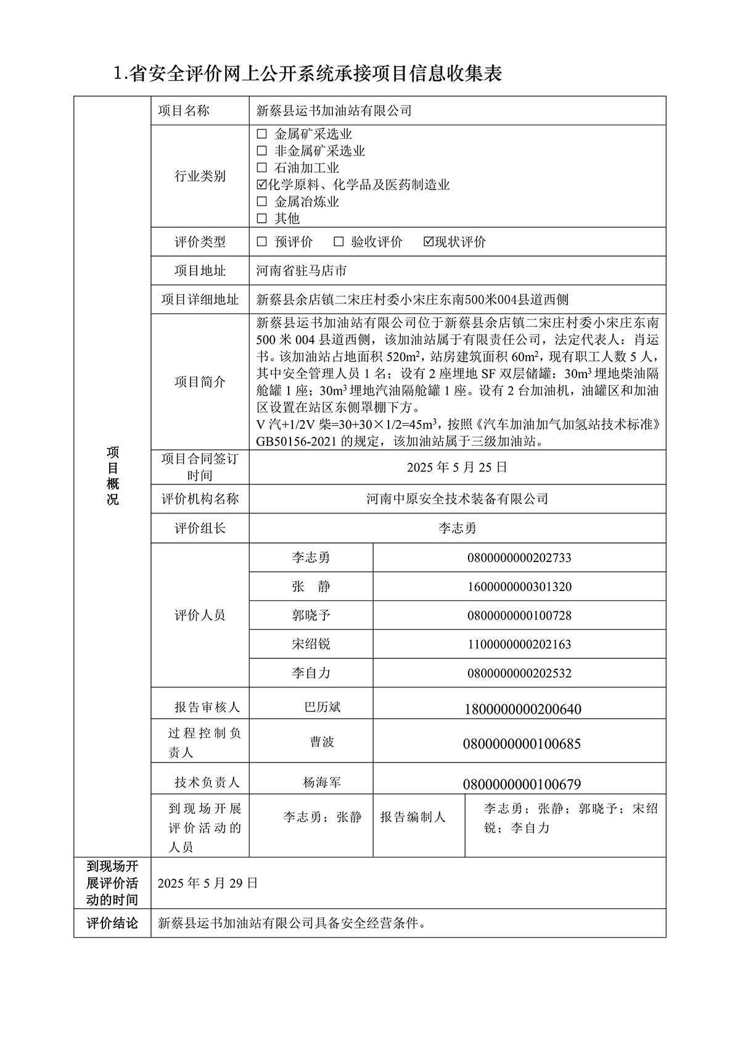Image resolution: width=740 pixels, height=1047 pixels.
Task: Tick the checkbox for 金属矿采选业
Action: click(x=261, y=134)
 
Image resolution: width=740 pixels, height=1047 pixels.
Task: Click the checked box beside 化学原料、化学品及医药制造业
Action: click(x=261, y=184)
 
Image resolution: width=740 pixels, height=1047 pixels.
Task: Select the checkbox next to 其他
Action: click(x=261, y=218)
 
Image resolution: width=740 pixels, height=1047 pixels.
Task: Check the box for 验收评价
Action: click(x=338, y=242)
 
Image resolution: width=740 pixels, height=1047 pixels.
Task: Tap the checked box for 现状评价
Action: click(x=429, y=242)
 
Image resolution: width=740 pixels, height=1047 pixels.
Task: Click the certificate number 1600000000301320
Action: click(x=519, y=587)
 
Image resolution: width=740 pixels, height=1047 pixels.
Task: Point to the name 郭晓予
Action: click(x=311, y=615)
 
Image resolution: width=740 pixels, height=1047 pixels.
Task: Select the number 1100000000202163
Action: click(x=519, y=644)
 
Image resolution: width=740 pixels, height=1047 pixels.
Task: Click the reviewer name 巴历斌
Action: click(x=323, y=707)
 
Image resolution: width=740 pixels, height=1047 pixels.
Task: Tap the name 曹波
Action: click(x=322, y=742)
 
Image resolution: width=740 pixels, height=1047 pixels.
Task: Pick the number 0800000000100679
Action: click(x=522, y=784)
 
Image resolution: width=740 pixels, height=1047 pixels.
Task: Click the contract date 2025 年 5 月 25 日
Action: click(x=457, y=467)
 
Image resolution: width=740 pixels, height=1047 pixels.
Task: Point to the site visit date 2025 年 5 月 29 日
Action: click(x=208, y=883)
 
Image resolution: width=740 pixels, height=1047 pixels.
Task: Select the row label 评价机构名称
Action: click(x=200, y=499)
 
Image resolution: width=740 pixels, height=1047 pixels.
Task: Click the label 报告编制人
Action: click(x=413, y=817)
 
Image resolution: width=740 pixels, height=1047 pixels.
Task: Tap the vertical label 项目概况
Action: click(x=112, y=476)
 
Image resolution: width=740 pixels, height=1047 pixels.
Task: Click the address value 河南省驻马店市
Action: click(x=301, y=270)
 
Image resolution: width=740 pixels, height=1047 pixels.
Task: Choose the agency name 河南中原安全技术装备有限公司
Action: click(x=457, y=499)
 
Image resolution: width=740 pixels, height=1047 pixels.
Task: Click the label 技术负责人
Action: click(x=207, y=782)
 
